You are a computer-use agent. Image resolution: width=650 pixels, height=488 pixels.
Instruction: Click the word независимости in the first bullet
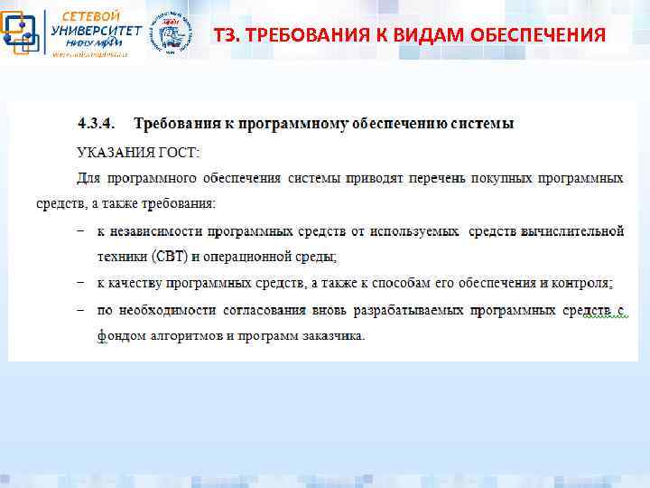154,231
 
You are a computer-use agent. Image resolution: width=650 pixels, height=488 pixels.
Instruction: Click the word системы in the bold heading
484,122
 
